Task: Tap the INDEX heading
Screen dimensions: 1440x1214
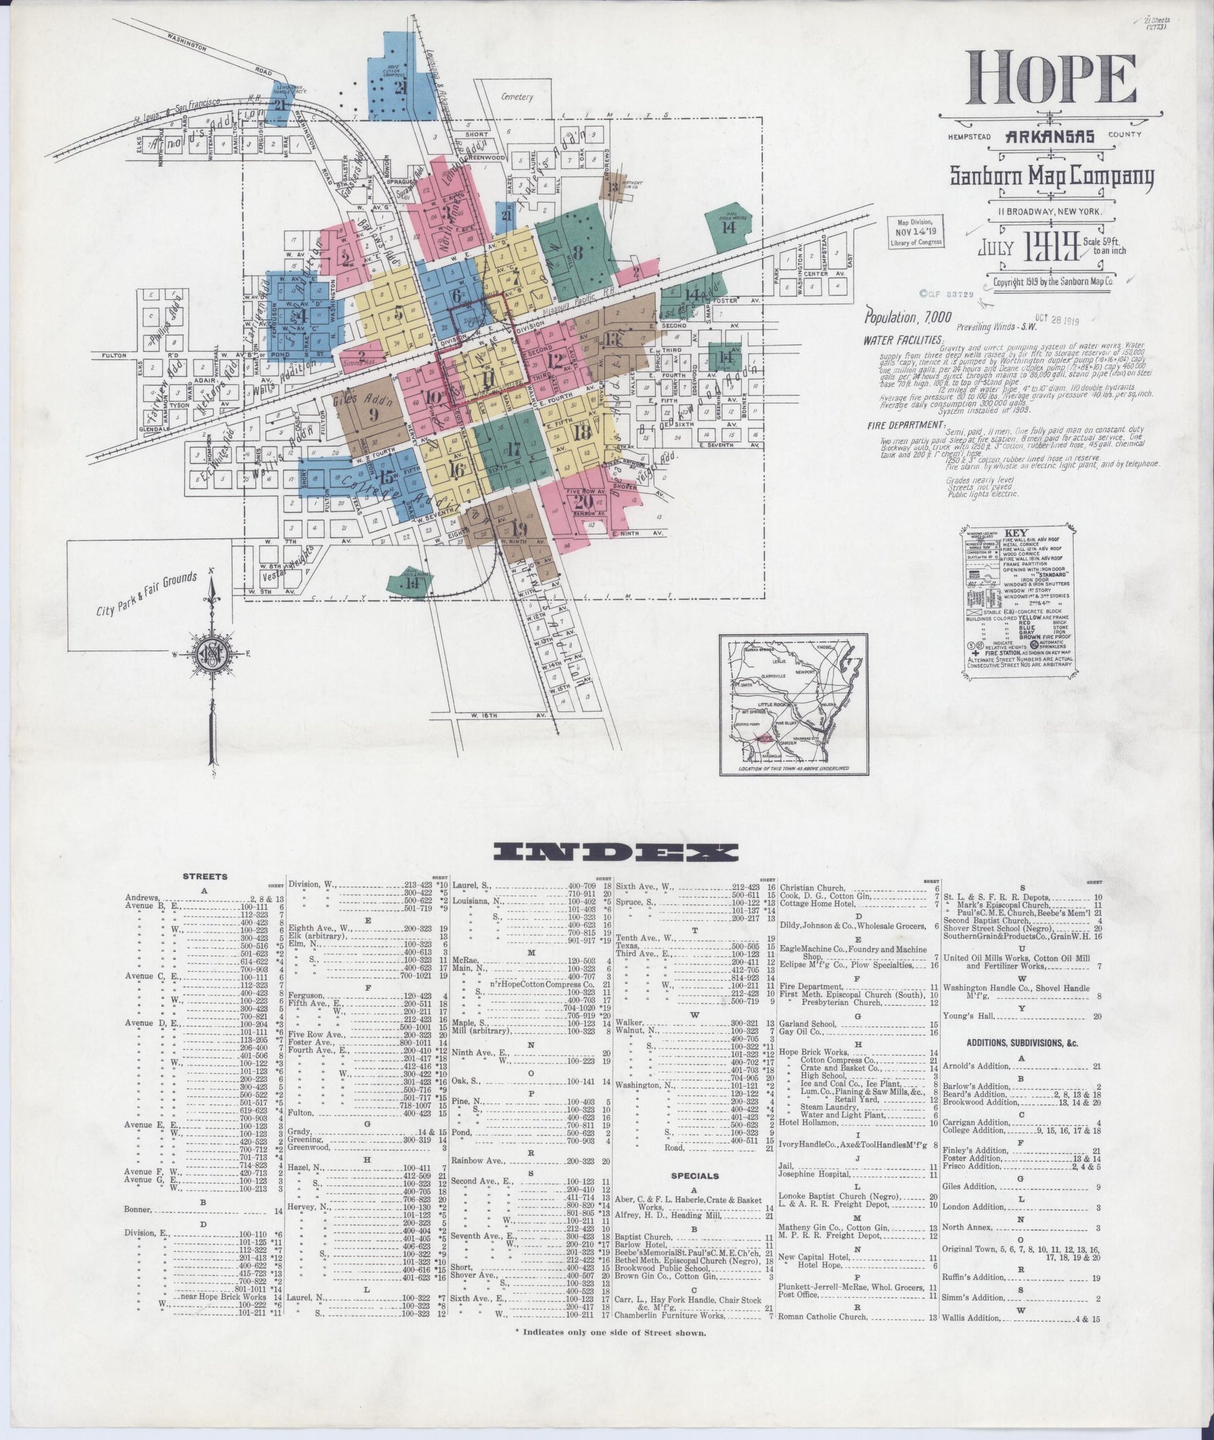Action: coord(615,854)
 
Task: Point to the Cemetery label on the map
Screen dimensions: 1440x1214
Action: coord(518,97)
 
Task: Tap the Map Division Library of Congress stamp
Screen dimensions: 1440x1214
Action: coord(916,232)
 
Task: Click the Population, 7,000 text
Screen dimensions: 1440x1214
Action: coord(908,318)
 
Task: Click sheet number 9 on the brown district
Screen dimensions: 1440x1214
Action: coord(374,414)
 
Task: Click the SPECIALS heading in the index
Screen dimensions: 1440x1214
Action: coord(696,1176)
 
